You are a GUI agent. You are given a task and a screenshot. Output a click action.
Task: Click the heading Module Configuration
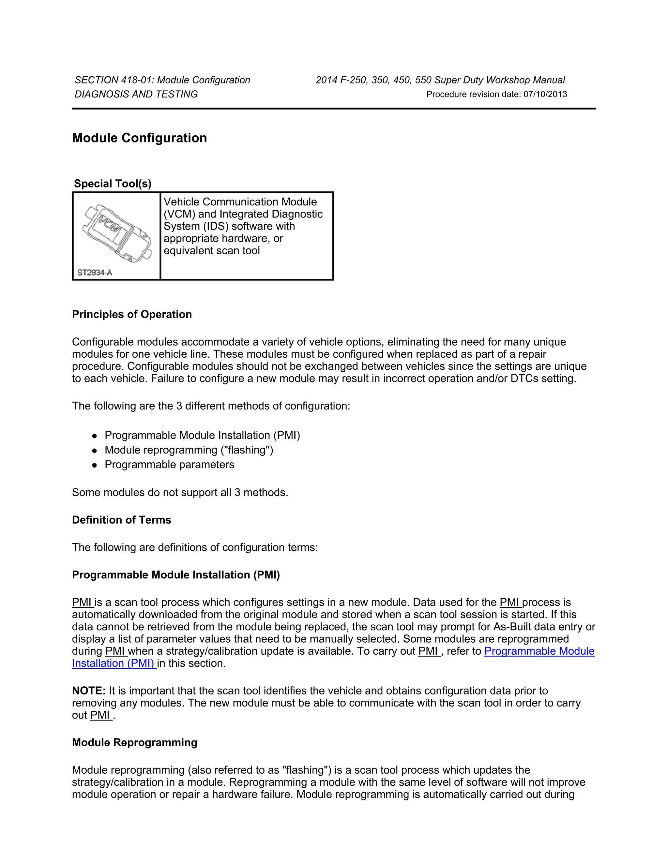(139, 138)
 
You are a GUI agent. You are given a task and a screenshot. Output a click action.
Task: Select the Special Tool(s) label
(113, 184)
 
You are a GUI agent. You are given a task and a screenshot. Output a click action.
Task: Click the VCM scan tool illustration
(117, 232)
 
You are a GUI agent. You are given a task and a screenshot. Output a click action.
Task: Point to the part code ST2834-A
(95, 273)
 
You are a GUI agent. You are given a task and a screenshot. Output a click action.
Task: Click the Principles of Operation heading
(132, 315)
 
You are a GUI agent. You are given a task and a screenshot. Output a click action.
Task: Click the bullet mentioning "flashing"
(189, 450)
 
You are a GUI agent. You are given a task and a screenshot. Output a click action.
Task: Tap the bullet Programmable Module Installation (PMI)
(202, 435)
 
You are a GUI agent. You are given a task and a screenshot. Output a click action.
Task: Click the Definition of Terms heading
(121, 520)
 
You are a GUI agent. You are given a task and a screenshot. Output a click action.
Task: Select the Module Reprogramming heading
(135, 742)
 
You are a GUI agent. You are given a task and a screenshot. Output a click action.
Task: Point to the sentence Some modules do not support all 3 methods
(180, 493)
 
